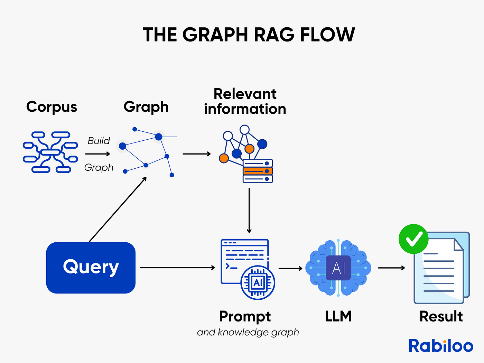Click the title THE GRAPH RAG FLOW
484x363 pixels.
pos(249,35)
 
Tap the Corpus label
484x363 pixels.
pos(52,107)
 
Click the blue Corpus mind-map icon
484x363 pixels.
pos(50,152)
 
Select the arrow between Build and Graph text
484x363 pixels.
pos(97,154)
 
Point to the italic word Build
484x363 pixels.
pos(99,141)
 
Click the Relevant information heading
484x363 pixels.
pos(245,101)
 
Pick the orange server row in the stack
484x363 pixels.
pos(258,171)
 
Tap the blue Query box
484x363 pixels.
pos(91,268)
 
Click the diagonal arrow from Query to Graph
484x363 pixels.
pos(118,210)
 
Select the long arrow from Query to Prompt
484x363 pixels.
pos(177,268)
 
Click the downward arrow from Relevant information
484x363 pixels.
pos(249,210)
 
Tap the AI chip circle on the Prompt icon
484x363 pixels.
pos(258,283)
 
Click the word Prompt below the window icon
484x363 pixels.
pos(245,316)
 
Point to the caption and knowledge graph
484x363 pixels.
pos(248,332)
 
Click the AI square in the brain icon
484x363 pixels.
pos(338,268)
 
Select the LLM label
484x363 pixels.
pos(338,316)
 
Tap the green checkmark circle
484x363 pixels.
pos(413,239)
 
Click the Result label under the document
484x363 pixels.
pos(441,316)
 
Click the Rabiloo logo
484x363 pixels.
pos(441,346)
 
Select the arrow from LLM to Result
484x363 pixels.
pos(391,268)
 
